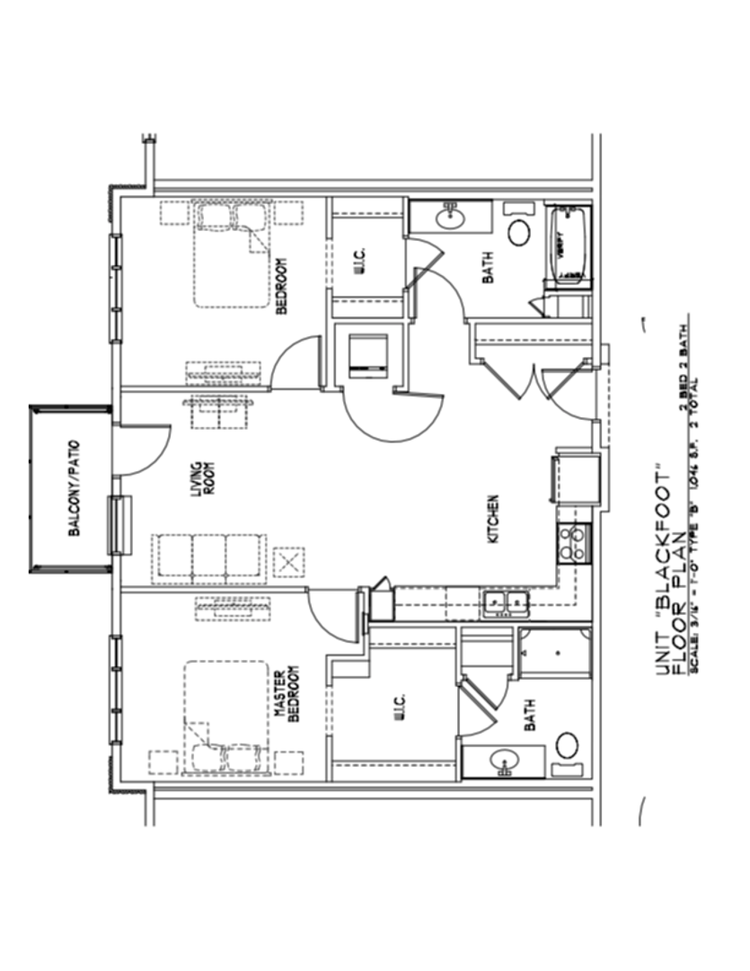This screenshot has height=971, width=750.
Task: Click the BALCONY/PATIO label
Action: point(74,486)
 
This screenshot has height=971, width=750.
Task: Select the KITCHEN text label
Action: point(493,520)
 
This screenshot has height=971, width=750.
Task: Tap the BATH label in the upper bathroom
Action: point(490,267)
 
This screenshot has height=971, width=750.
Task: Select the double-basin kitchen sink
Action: point(506,604)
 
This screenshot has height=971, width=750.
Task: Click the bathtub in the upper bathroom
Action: point(569,245)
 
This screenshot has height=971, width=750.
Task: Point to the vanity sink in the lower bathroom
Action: point(504,763)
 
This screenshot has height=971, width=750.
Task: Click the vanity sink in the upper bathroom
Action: point(449,217)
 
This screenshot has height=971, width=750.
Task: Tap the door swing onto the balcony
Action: point(140,450)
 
